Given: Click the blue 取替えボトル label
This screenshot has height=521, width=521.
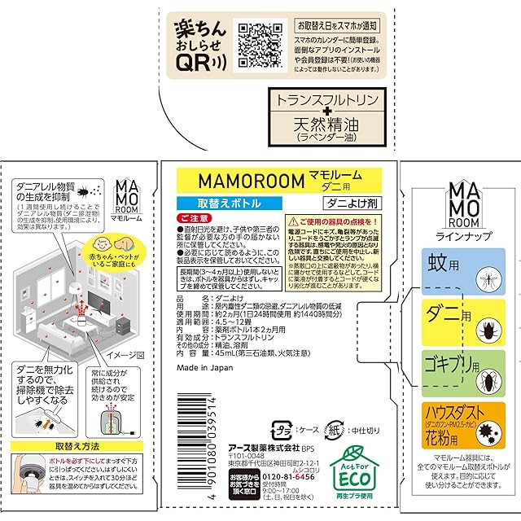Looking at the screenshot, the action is [x=215, y=201].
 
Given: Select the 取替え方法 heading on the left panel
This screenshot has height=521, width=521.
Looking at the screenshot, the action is [x=81, y=446].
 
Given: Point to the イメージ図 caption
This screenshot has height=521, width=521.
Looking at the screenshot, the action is [x=126, y=355].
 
